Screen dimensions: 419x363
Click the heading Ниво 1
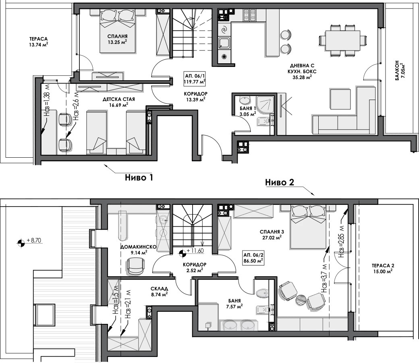[139, 177]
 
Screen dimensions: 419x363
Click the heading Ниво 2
[280, 182]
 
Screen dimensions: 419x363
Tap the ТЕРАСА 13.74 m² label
[39, 42]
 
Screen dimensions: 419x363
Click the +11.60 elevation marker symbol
[182, 253]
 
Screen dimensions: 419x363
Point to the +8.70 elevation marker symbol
[21, 243]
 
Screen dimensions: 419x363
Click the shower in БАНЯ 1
[265, 103]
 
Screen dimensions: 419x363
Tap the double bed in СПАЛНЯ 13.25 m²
[118, 31]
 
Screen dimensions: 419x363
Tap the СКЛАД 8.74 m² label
[159, 291]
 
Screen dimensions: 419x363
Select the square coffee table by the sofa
[340, 99]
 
